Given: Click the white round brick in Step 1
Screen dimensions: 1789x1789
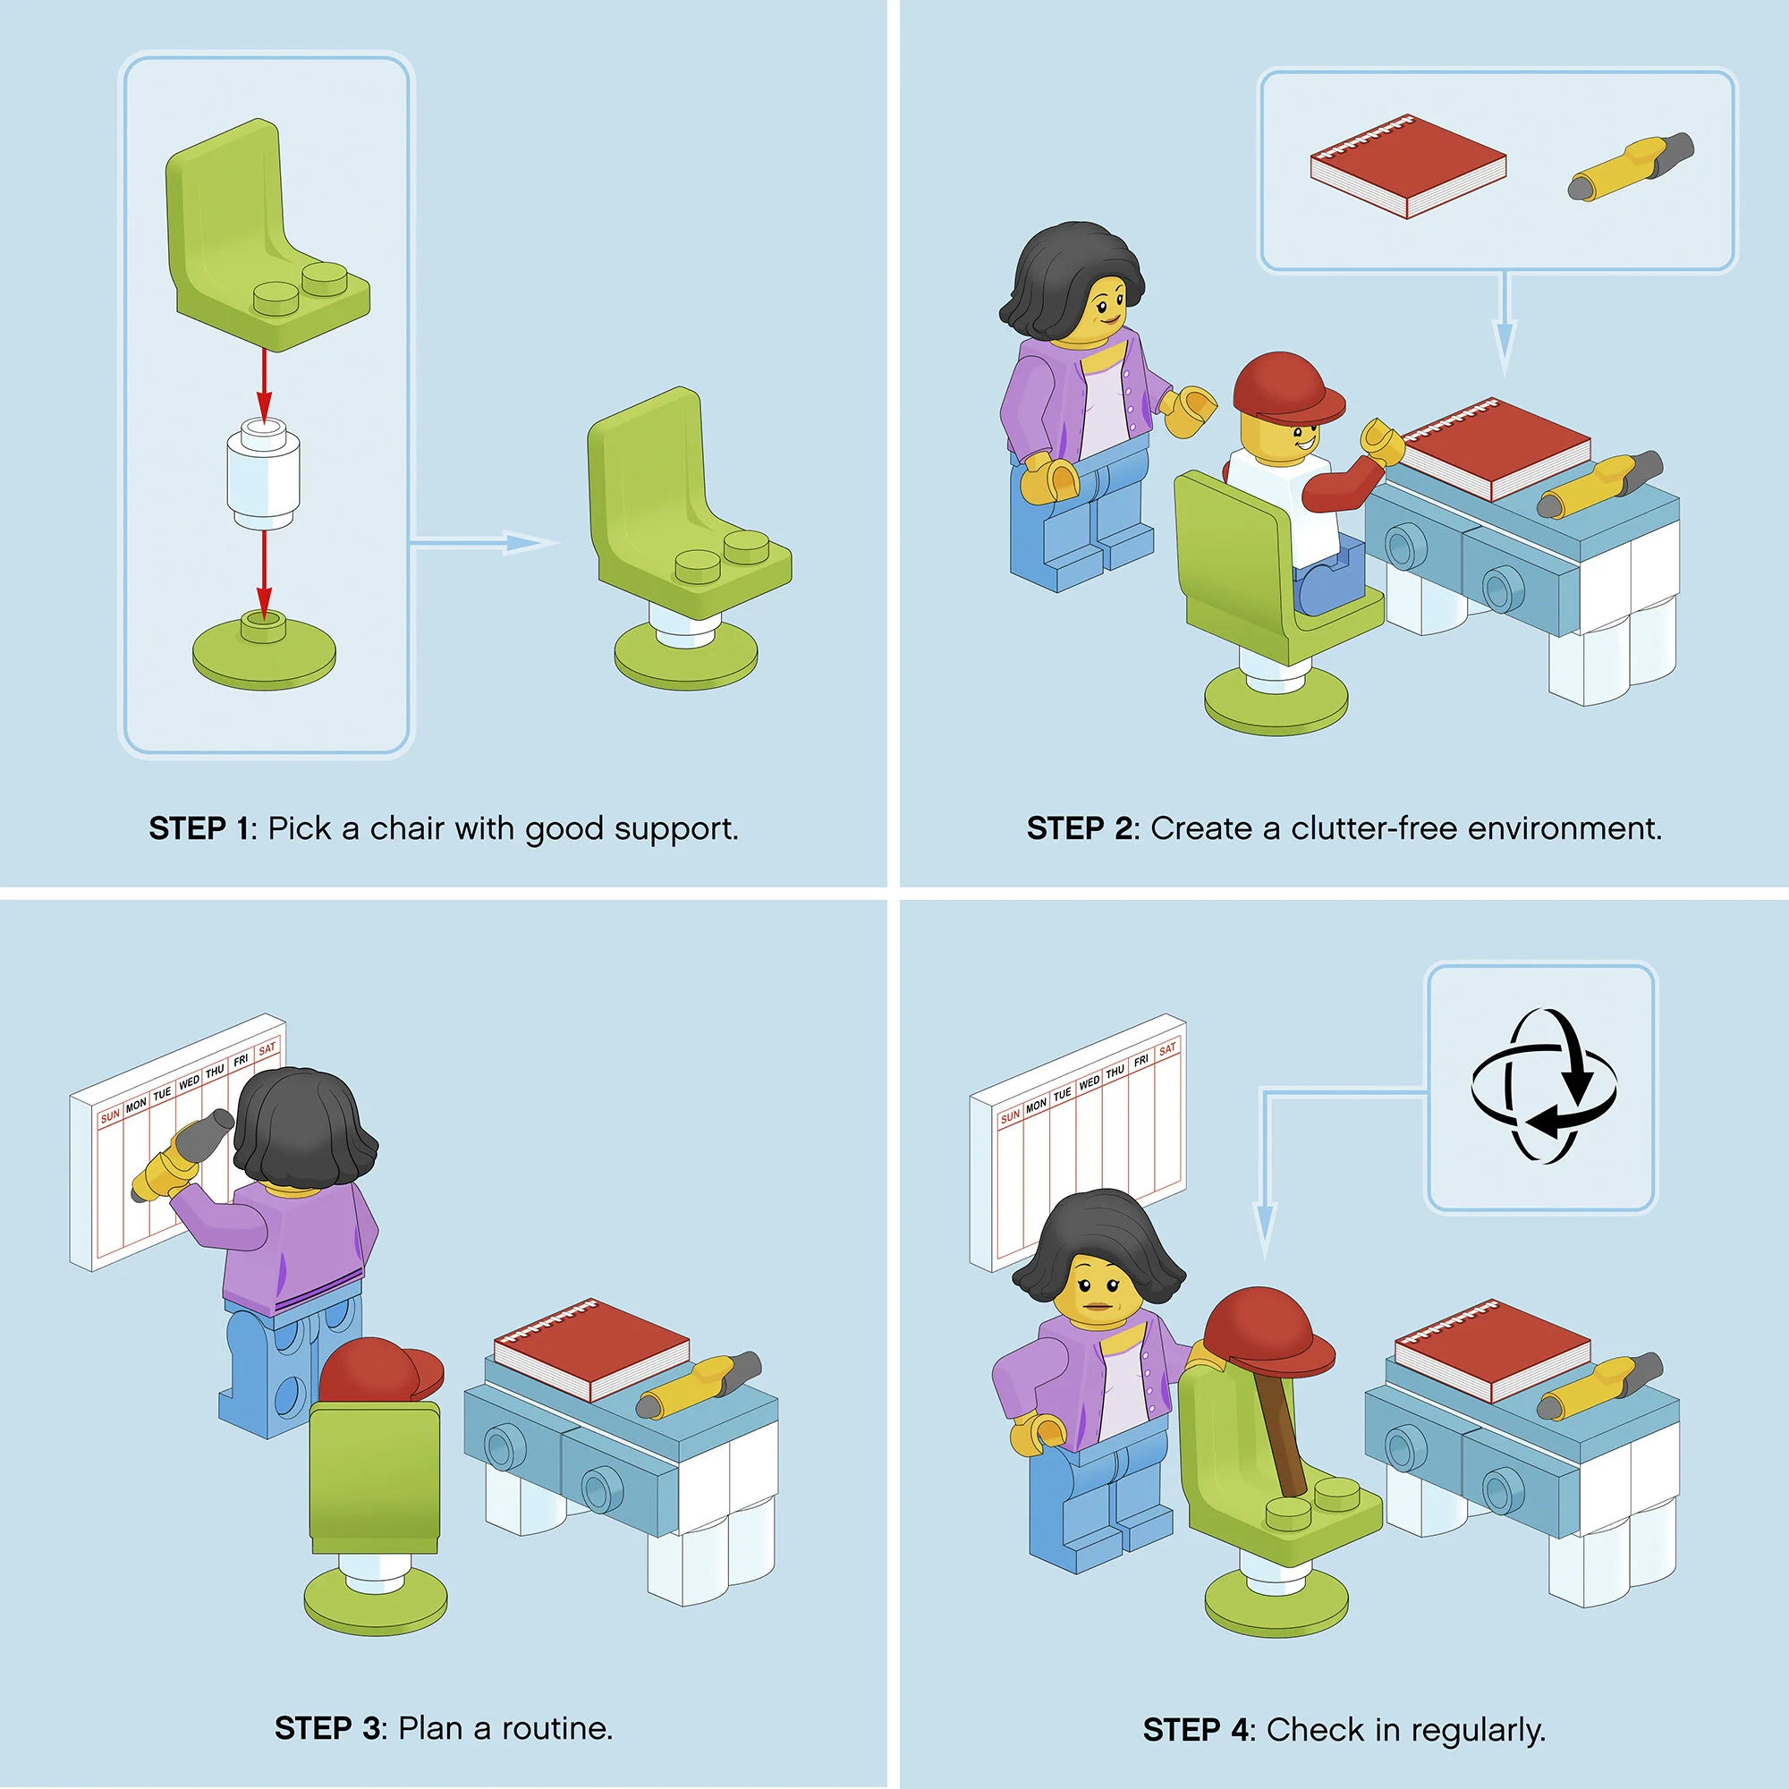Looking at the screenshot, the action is tap(264, 473).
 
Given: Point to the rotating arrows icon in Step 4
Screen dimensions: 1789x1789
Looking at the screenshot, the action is tap(1544, 1085).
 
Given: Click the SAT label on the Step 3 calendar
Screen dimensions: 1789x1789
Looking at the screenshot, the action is tap(267, 1049).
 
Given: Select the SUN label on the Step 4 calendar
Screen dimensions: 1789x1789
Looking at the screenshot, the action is tap(1010, 1116).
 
